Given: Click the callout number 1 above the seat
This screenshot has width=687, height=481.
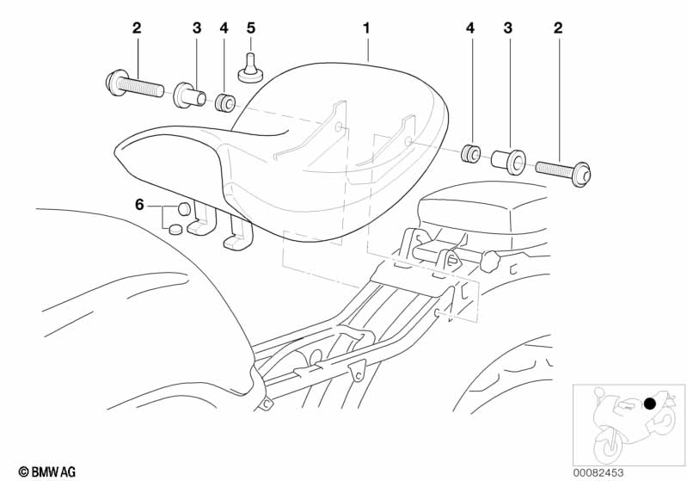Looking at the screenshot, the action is pyautogui.click(x=366, y=28).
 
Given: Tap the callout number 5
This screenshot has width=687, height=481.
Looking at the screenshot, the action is pyautogui.click(x=250, y=28).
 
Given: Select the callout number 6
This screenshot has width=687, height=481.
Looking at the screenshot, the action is pyautogui.click(x=139, y=204).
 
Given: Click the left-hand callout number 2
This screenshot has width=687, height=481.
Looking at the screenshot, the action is pyautogui.click(x=137, y=28).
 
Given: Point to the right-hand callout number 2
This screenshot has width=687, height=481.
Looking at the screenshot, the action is pyautogui.click(x=558, y=28).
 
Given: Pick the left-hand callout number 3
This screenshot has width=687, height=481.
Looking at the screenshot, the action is pyautogui.click(x=197, y=28).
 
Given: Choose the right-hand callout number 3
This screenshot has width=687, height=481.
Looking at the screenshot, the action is pyautogui.click(x=508, y=28).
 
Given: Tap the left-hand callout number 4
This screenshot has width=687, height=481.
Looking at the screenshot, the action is pyautogui.click(x=224, y=28).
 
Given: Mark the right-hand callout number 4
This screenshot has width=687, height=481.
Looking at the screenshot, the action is pyautogui.click(x=470, y=28).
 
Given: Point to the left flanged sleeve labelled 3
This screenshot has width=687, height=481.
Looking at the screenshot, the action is pyautogui.click(x=190, y=96).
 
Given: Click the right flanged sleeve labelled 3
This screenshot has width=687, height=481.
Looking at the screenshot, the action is pyautogui.click(x=509, y=161).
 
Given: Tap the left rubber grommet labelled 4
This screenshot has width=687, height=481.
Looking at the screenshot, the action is pyautogui.click(x=225, y=103).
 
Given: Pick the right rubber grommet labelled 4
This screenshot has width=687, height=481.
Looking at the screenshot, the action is pyautogui.click(x=471, y=152).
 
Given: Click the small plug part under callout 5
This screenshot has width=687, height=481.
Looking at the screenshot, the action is pyautogui.click(x=250, y=68).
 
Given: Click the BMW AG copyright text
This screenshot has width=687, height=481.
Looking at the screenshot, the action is pyautogui.click(x=47, y=472).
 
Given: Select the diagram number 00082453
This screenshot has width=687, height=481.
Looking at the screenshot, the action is pyautogui.click(x=598, y=472).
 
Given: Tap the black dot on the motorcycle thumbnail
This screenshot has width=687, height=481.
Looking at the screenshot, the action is pyautogui.click(x=650, y=404).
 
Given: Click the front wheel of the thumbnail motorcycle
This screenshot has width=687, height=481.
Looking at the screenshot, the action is pyautogui.click(x=608, y=444).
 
